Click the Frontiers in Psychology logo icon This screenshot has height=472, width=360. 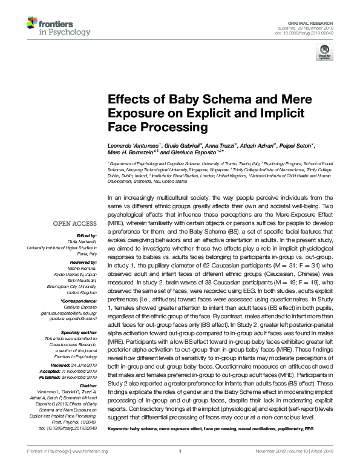pos(31,24)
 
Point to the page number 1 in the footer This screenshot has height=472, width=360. pos(180,468)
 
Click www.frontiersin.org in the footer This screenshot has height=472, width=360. pos(90,468)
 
